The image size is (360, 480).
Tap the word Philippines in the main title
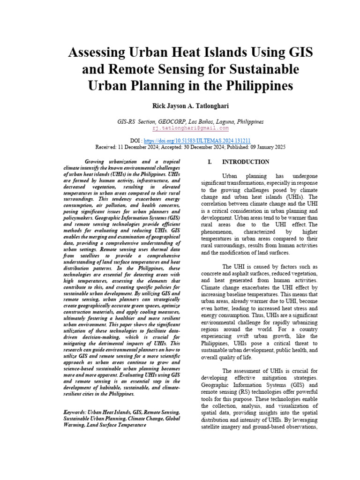click(255, 86)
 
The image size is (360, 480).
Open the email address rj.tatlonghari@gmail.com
click(190, 127)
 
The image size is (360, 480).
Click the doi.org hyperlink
click(197, 140)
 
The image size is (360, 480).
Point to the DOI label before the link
click(135, 140)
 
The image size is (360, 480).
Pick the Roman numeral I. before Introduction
click(210, 162)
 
